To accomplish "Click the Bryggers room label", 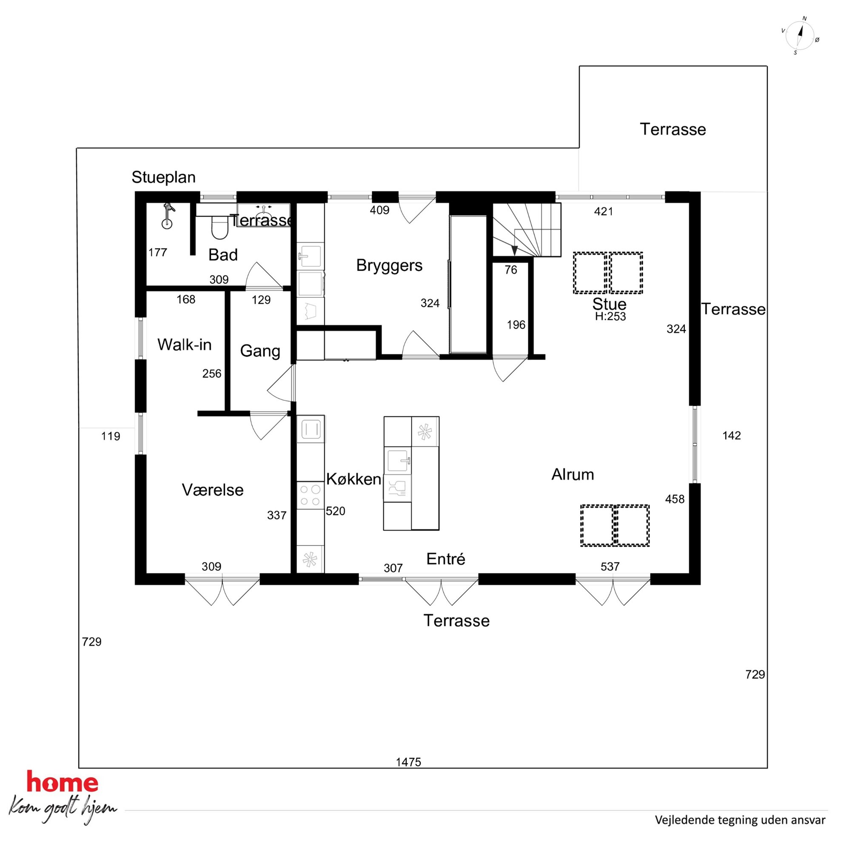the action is [x=389, y=265].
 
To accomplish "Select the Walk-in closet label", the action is [x=184, y=345].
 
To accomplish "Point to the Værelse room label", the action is [x=213, y=490].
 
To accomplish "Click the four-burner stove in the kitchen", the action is [x=310, y=496].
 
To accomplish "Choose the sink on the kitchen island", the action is [x=398, y=461].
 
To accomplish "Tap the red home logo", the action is [x=63, y=782].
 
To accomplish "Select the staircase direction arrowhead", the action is [x=515, y=250].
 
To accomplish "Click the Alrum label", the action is [x=573, y=474].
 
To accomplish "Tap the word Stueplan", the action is [x=163, y=177].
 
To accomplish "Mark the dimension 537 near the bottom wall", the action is [x=610, y=567].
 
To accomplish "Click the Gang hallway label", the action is [x=260, y=351].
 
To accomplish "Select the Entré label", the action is [x=445, y=559].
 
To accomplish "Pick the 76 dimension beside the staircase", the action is [x=510, y=270].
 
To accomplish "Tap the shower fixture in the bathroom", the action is [x=167, y=216].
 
